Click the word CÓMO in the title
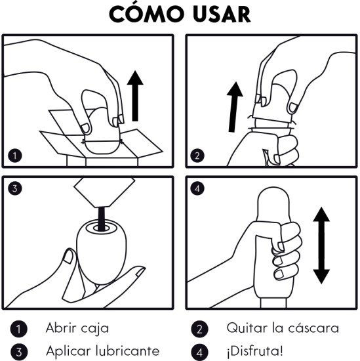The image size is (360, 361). click(x=146, y=13)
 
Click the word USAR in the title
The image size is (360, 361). click(x=222, y=14)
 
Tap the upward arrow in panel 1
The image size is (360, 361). click(x=135, y=96)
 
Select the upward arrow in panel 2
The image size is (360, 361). click(x=234, y=107)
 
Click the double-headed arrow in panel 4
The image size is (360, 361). click(x=321, y=245)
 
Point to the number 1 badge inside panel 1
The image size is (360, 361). click(x=15, y=156)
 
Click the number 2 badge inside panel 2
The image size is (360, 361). click(x=197, y=156)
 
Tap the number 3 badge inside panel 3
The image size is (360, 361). click(x=15, y=188)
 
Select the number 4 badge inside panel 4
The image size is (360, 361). click(x=197, y=188)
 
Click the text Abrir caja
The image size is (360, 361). click(x=77, y=328)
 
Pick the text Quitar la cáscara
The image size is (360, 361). click(x=283, y=328)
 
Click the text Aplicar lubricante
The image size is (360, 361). click(x=102, y=351)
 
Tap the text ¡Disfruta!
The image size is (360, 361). click(x=255, y=351)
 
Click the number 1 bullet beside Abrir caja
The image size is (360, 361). click(x=18, y=329)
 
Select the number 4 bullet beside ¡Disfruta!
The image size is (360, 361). click(x=199, y=352)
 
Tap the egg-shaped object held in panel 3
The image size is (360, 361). click(x=102, y=252)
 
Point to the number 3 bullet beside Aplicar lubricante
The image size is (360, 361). click(x=18, y=352)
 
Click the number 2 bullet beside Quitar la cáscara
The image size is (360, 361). click(x=199, y=329)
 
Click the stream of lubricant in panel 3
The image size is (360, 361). click(x=102, y=219)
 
